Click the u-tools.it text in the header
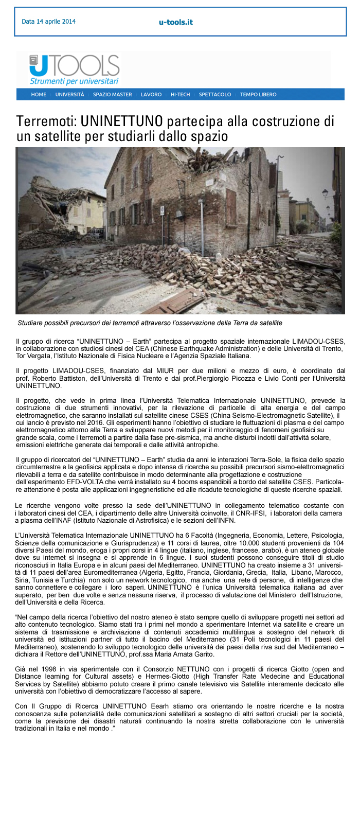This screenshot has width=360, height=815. (x=176, y=22)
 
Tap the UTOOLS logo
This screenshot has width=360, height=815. (x=75, y=65)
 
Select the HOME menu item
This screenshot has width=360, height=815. (x=39, y=95)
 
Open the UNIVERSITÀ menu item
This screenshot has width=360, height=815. (x=69, y=95)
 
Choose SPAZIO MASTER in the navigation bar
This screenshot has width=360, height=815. (x=112, y=95)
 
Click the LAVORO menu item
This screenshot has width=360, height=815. (x=151, y=95)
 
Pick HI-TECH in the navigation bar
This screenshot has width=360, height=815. (x=180, y=95)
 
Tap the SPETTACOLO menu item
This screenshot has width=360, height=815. (x=215, y=95)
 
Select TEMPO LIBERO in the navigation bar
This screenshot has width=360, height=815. (x=258, y=95)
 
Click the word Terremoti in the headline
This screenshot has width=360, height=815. (x=45, y=121)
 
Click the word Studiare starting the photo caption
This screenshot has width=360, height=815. (x=31, y=323)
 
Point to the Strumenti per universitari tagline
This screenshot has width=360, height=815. (x=74, y=81)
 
